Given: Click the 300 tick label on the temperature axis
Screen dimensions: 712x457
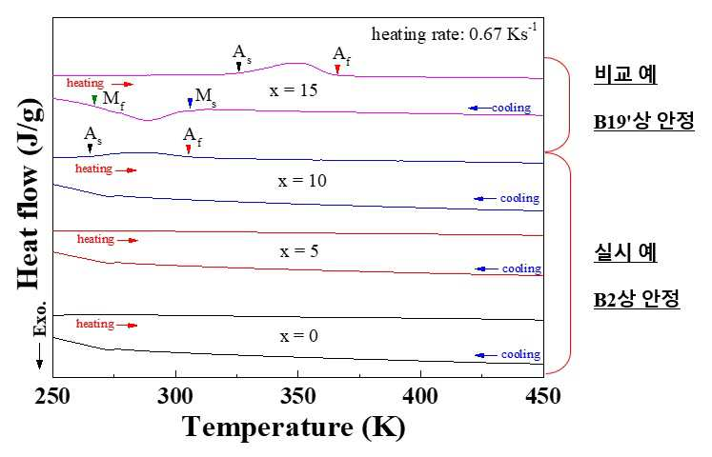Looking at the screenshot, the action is click(x=175, y=396).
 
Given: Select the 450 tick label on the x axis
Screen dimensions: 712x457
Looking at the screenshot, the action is click(x=543, y=396).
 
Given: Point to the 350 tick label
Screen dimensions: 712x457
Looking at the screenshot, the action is click(x=298, y=396).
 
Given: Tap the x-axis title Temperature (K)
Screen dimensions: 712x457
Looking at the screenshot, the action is click(x=294, y=427).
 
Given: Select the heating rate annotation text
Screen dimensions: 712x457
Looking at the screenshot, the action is click(x=454, y=33).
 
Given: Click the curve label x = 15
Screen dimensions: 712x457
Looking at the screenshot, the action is click(x=294, y=90).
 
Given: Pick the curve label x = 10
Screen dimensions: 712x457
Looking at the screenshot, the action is click(x=302, y=181).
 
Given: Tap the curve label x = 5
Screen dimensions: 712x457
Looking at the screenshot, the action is click(x=298, y=251).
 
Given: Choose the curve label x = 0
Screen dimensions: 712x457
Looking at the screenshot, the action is click(x=298, y=336).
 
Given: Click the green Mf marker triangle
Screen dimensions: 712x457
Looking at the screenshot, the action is click(x=94, y=100).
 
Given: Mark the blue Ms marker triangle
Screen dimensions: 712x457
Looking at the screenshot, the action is click(x=191, y=103).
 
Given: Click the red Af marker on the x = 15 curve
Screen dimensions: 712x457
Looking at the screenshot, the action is click(x=337, y=69).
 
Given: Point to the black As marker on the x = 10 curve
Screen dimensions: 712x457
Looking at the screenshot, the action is click(x=90, y=149).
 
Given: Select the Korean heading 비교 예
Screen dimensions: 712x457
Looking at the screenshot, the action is click(x=625, y=73).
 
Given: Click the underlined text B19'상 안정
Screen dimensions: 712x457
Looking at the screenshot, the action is click(x=644, y=121).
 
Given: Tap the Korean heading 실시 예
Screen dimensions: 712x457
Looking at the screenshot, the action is click(x=625, y=252).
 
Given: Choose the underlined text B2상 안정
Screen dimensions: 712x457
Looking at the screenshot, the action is click(x=637, y=298).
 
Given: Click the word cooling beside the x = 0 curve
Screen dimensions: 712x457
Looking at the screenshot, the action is click(x=520, y=354).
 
